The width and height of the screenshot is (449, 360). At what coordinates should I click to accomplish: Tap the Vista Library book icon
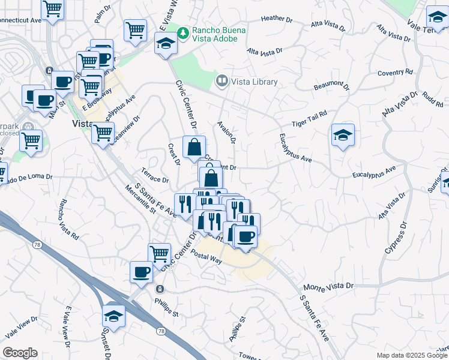pyautogui.click(x=221, y=81)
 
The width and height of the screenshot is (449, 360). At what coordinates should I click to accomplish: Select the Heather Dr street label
pyautogui.click(x=277, y=19)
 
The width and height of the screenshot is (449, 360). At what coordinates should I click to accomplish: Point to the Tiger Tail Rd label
pyautogui.click(x=309, y=118)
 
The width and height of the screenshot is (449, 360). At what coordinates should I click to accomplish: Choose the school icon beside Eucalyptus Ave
pyautogui.click(x=343, y=135)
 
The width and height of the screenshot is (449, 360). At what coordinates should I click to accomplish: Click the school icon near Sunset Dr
pyautogui.click(x=113, y=314)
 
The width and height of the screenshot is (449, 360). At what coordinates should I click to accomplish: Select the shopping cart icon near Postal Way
pyautogui.click(x=159, y=253)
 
